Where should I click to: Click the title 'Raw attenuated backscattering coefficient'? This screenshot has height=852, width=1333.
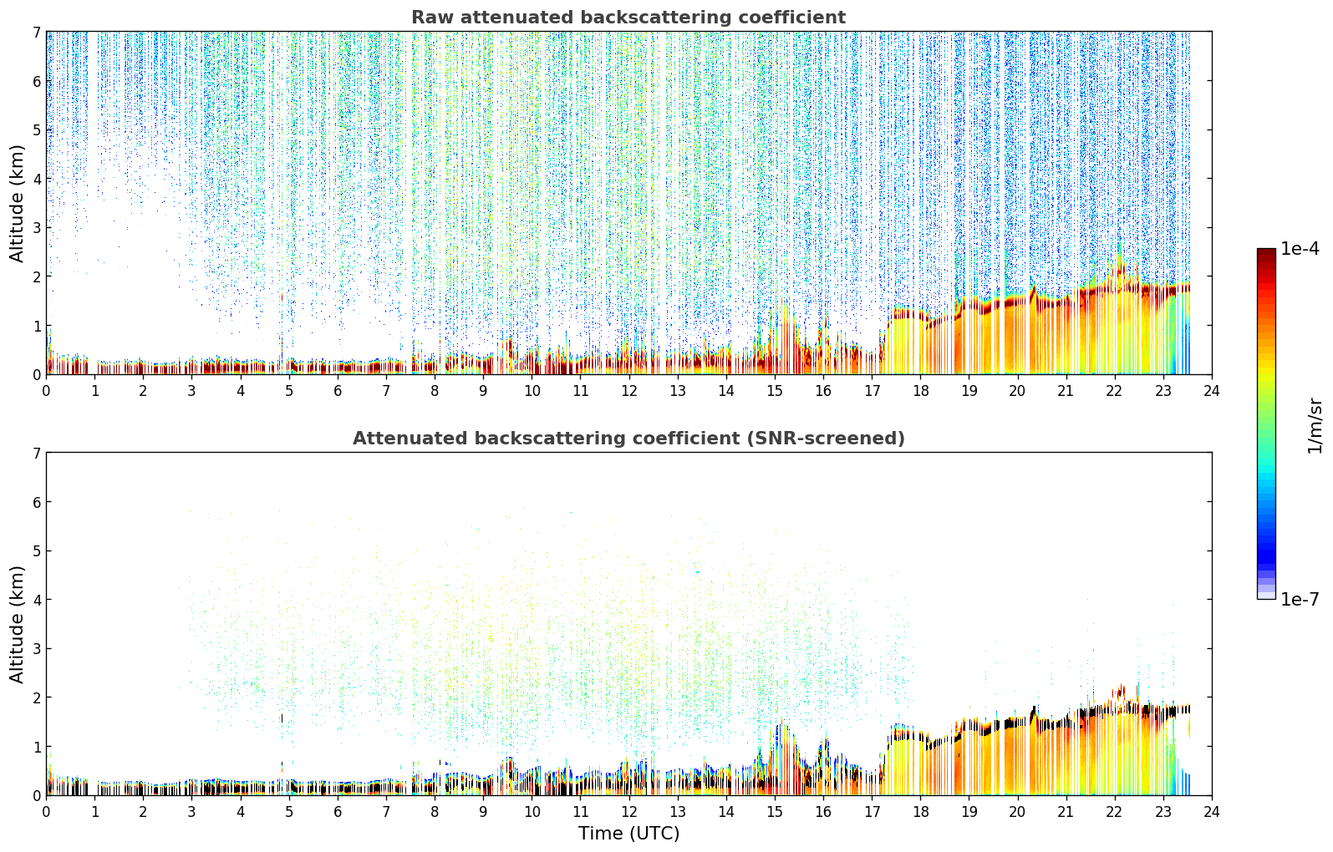[628, 18]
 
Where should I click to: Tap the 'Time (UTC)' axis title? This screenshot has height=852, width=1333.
[628, 833]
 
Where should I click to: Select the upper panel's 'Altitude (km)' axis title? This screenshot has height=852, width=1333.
[17, 204]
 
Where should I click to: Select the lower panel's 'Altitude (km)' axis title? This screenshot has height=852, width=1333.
[17, 625]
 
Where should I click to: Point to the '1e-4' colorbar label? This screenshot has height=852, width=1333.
[1300, 249]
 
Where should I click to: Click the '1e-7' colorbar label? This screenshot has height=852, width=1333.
[1300, 599]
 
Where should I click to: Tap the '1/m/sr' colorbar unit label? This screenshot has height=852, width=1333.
[1315, 426]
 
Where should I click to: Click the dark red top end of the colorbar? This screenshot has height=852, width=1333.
[1266, 251]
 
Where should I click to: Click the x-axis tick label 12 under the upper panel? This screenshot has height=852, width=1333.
[629, 391]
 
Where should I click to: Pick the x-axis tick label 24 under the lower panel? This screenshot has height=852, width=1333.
[1212, 812]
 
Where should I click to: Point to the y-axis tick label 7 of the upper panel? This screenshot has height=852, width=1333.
[36, 32]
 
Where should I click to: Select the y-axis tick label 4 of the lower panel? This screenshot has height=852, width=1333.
[36, 600]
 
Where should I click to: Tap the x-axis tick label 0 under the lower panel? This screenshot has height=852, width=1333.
[47, 812]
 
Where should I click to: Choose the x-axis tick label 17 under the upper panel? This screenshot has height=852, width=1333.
[872, 391]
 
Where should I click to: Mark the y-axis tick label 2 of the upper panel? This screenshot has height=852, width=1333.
[36, 276]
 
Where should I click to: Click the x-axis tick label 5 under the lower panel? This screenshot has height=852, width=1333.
[289, 812]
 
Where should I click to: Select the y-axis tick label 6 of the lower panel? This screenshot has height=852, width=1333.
[36, 501]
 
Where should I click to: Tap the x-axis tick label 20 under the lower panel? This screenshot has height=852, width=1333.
[1018, 812]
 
